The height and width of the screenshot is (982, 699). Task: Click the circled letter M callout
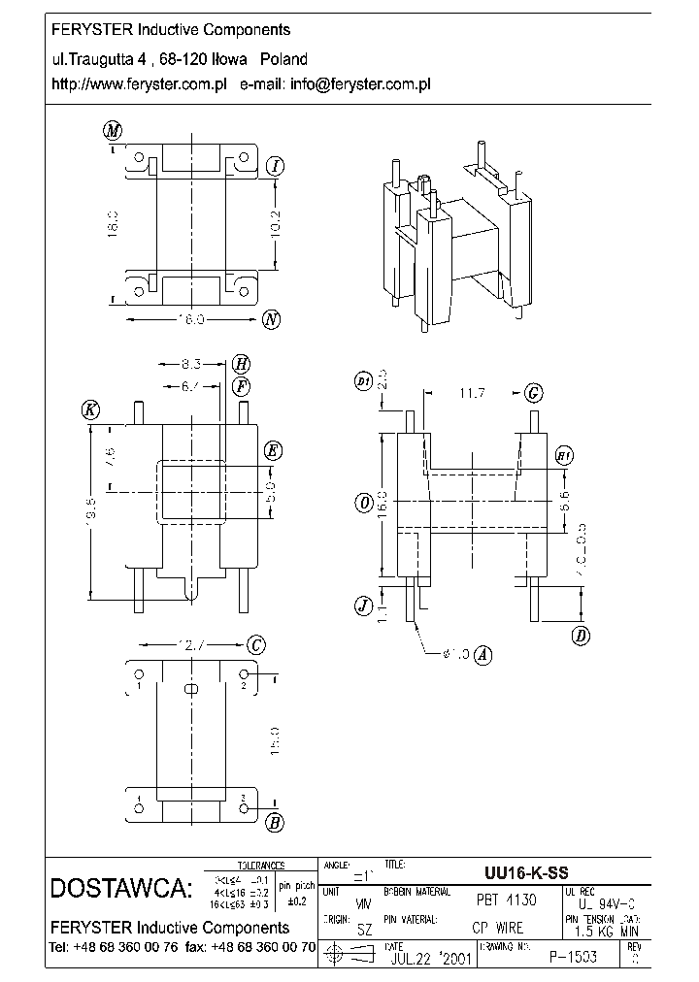[x=113, y=131]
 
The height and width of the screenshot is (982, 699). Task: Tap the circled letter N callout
[x=272, y=319]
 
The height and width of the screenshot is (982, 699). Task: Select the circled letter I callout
[x=276, y=167]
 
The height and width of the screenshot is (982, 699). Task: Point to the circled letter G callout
[x=533, y=393]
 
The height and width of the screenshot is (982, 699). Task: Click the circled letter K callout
[x=90, y=409]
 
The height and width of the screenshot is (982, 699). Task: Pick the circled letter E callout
[x=273, y=450]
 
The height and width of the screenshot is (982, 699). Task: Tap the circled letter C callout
[x=256, y=645]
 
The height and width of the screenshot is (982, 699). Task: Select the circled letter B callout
[x=275, y=824]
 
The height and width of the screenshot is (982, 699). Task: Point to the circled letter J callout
[x=363, y=606]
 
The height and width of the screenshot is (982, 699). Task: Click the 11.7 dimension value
[x=473, y=393]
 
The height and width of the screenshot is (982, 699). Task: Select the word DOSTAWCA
[x=120, y=889]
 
